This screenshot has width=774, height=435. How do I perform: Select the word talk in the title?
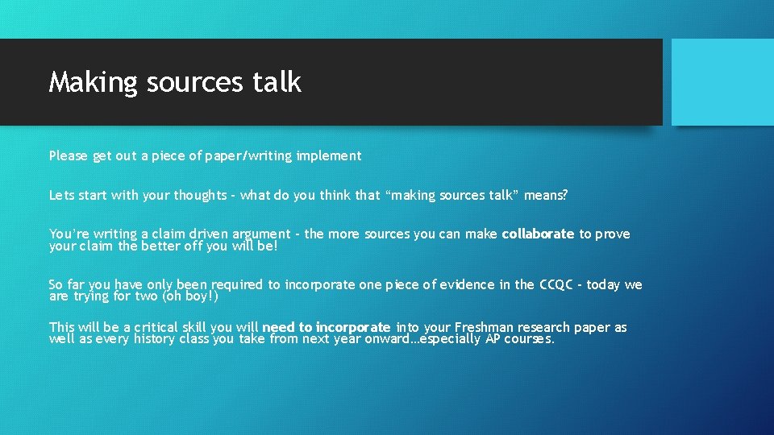point(277,82)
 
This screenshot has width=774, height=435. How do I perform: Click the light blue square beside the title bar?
point(722,81)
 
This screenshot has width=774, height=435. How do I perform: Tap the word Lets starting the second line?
point(61,195)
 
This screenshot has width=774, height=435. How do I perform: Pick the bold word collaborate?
point(538,234)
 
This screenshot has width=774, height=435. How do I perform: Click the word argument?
point(261,234)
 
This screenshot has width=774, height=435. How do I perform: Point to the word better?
point(161,246)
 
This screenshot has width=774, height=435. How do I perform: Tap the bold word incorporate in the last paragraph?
point(353,327)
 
